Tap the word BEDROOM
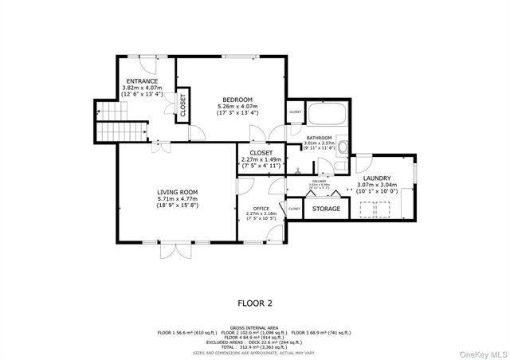click(237, 99)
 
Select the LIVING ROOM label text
click(177, 192)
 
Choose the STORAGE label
click(325, 209)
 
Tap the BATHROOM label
click(319, 138)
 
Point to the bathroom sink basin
click(343, 147)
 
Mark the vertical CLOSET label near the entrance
click(182, 105)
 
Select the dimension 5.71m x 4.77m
click(177, 199)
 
